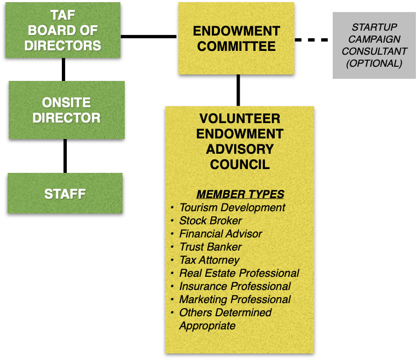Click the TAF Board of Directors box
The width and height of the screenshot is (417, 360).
pyautogui.click(x=63, y=30)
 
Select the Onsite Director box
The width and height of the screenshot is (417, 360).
pyautogui.click(x=66, y=110)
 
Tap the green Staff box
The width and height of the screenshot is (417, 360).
pyautogui.click(x=65, y=193)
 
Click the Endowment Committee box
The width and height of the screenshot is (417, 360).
pyautogui.click(x=236, y=38)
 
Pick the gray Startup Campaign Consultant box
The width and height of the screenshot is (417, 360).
pyautogui.click(x=374, y=45)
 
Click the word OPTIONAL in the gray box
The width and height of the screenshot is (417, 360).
pyautogui.click(x=374, y=63)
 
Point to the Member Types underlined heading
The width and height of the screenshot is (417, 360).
pyautogui.click(x=240, y=194)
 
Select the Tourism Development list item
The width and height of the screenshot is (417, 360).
pyautogui.click(x=232, y=208)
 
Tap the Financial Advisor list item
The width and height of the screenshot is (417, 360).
pyautogui.click(x=221, y=234)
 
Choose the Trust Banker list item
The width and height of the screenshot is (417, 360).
pyautogui.click(x=210, y=247)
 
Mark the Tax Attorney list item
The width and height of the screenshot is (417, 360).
pyautogui.click(x=209, y=260)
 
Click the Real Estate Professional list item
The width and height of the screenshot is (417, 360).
pyautogui.click(x=239, y=274)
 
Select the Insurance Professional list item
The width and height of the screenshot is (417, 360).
pyautogui.click(x=235, y=287)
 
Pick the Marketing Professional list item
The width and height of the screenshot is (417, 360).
pyautogui.click(x=235, y=300)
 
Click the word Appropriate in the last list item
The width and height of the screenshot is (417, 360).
pyautogui.click(x=207, y=326)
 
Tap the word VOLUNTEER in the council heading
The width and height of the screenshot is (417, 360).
pyautogui.click(x=240, y=119)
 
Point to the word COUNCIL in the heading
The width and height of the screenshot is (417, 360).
pyautogui.click(x=240, y=164)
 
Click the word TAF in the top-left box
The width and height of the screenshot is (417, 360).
pyautogui.click(x=62, y=16)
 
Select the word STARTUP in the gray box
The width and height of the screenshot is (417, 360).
pyautogui.click(x=374, y=27)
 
